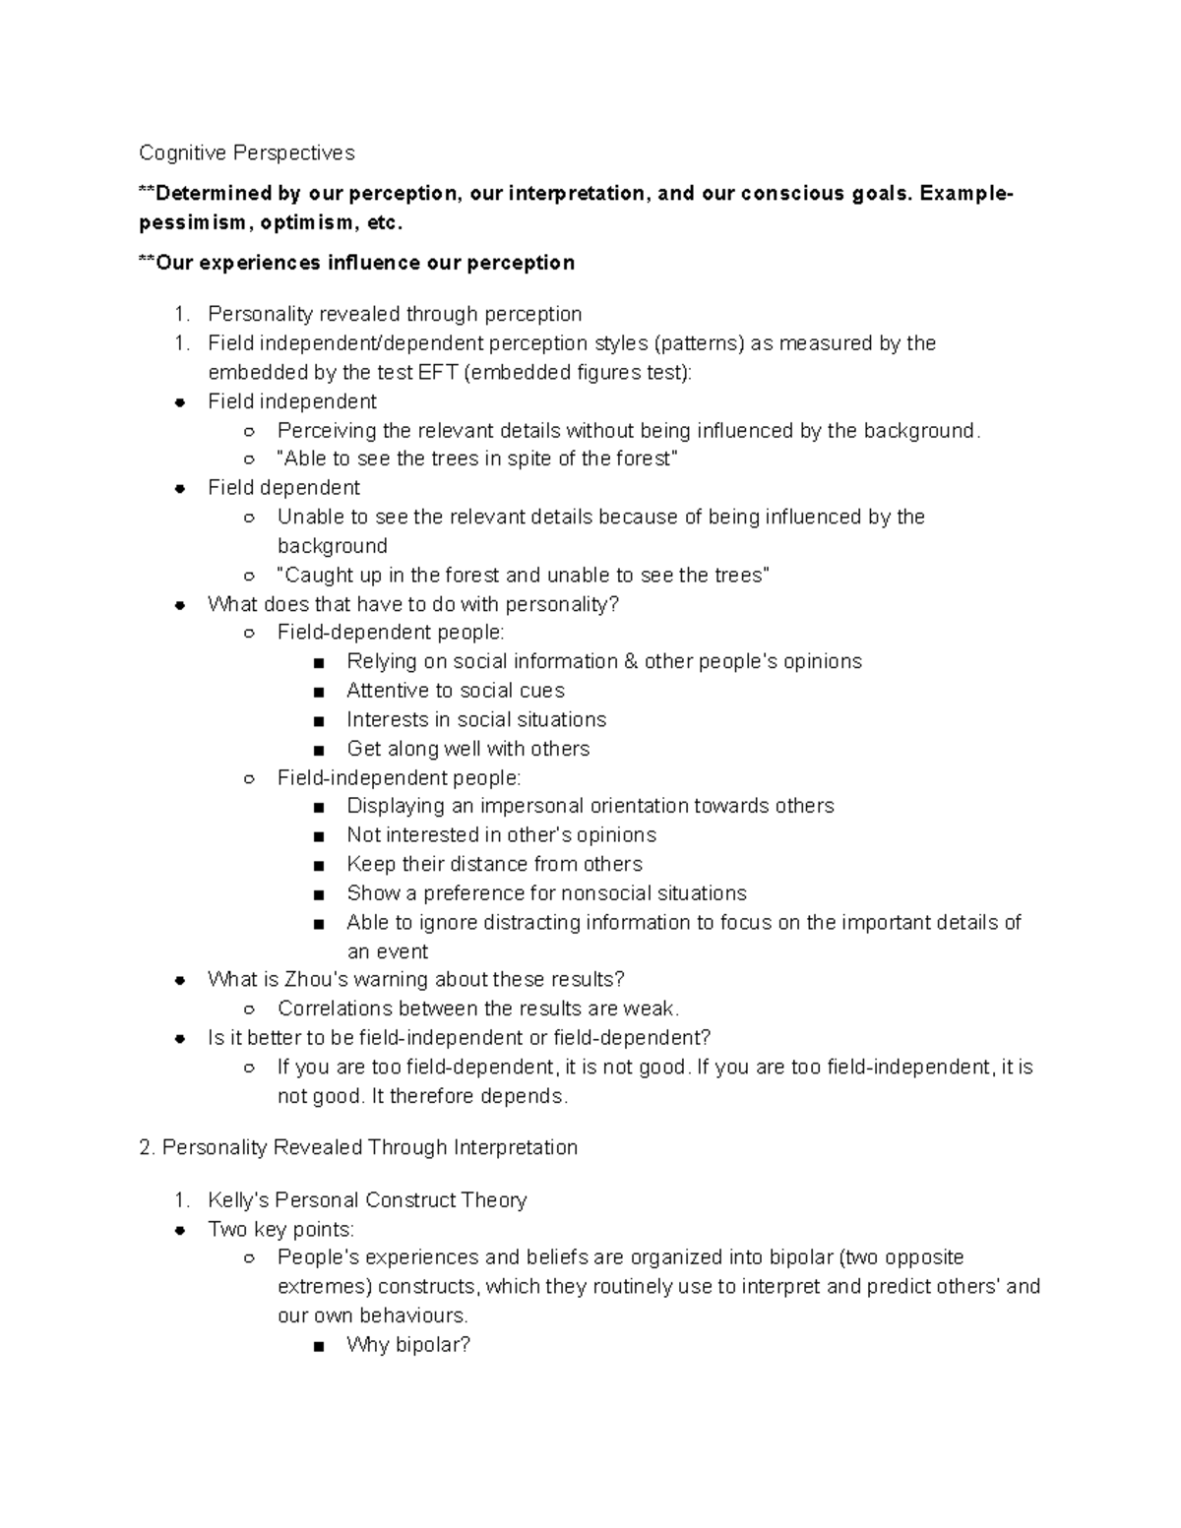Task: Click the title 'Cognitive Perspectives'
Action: click(x=246, y=153)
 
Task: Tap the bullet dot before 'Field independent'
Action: click(x=180, y=402)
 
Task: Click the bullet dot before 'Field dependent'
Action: click(x=180, y=489)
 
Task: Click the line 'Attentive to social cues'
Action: click(x=455, y=691)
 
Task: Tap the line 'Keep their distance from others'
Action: click(x=494, y=864)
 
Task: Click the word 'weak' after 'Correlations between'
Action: click(x=655, y=1008)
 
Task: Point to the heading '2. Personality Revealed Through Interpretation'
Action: click(x=358, y=1147)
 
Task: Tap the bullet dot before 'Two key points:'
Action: click(x=180, y=1230)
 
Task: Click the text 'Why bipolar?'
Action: click(x=408, y=1345)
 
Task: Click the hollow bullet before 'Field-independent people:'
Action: click(x=250, y=779)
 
